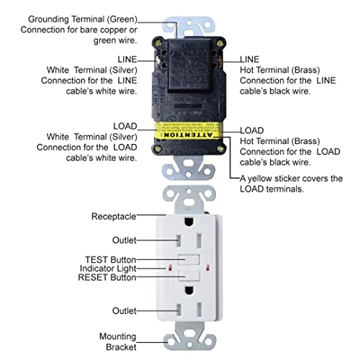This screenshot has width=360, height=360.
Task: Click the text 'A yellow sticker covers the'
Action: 291,179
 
